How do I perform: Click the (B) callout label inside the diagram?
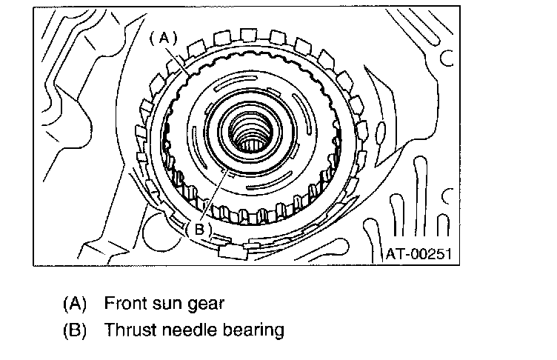[199, 228]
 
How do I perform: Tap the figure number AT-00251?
[418, 254]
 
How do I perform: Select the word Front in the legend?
[125, 304]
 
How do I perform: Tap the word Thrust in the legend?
[128, 329]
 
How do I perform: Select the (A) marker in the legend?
[75, 304]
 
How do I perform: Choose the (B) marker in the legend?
[75, 329]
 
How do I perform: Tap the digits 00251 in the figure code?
[429, 254]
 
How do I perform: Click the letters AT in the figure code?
[394, 254]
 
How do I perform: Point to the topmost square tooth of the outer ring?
[250, 33]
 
